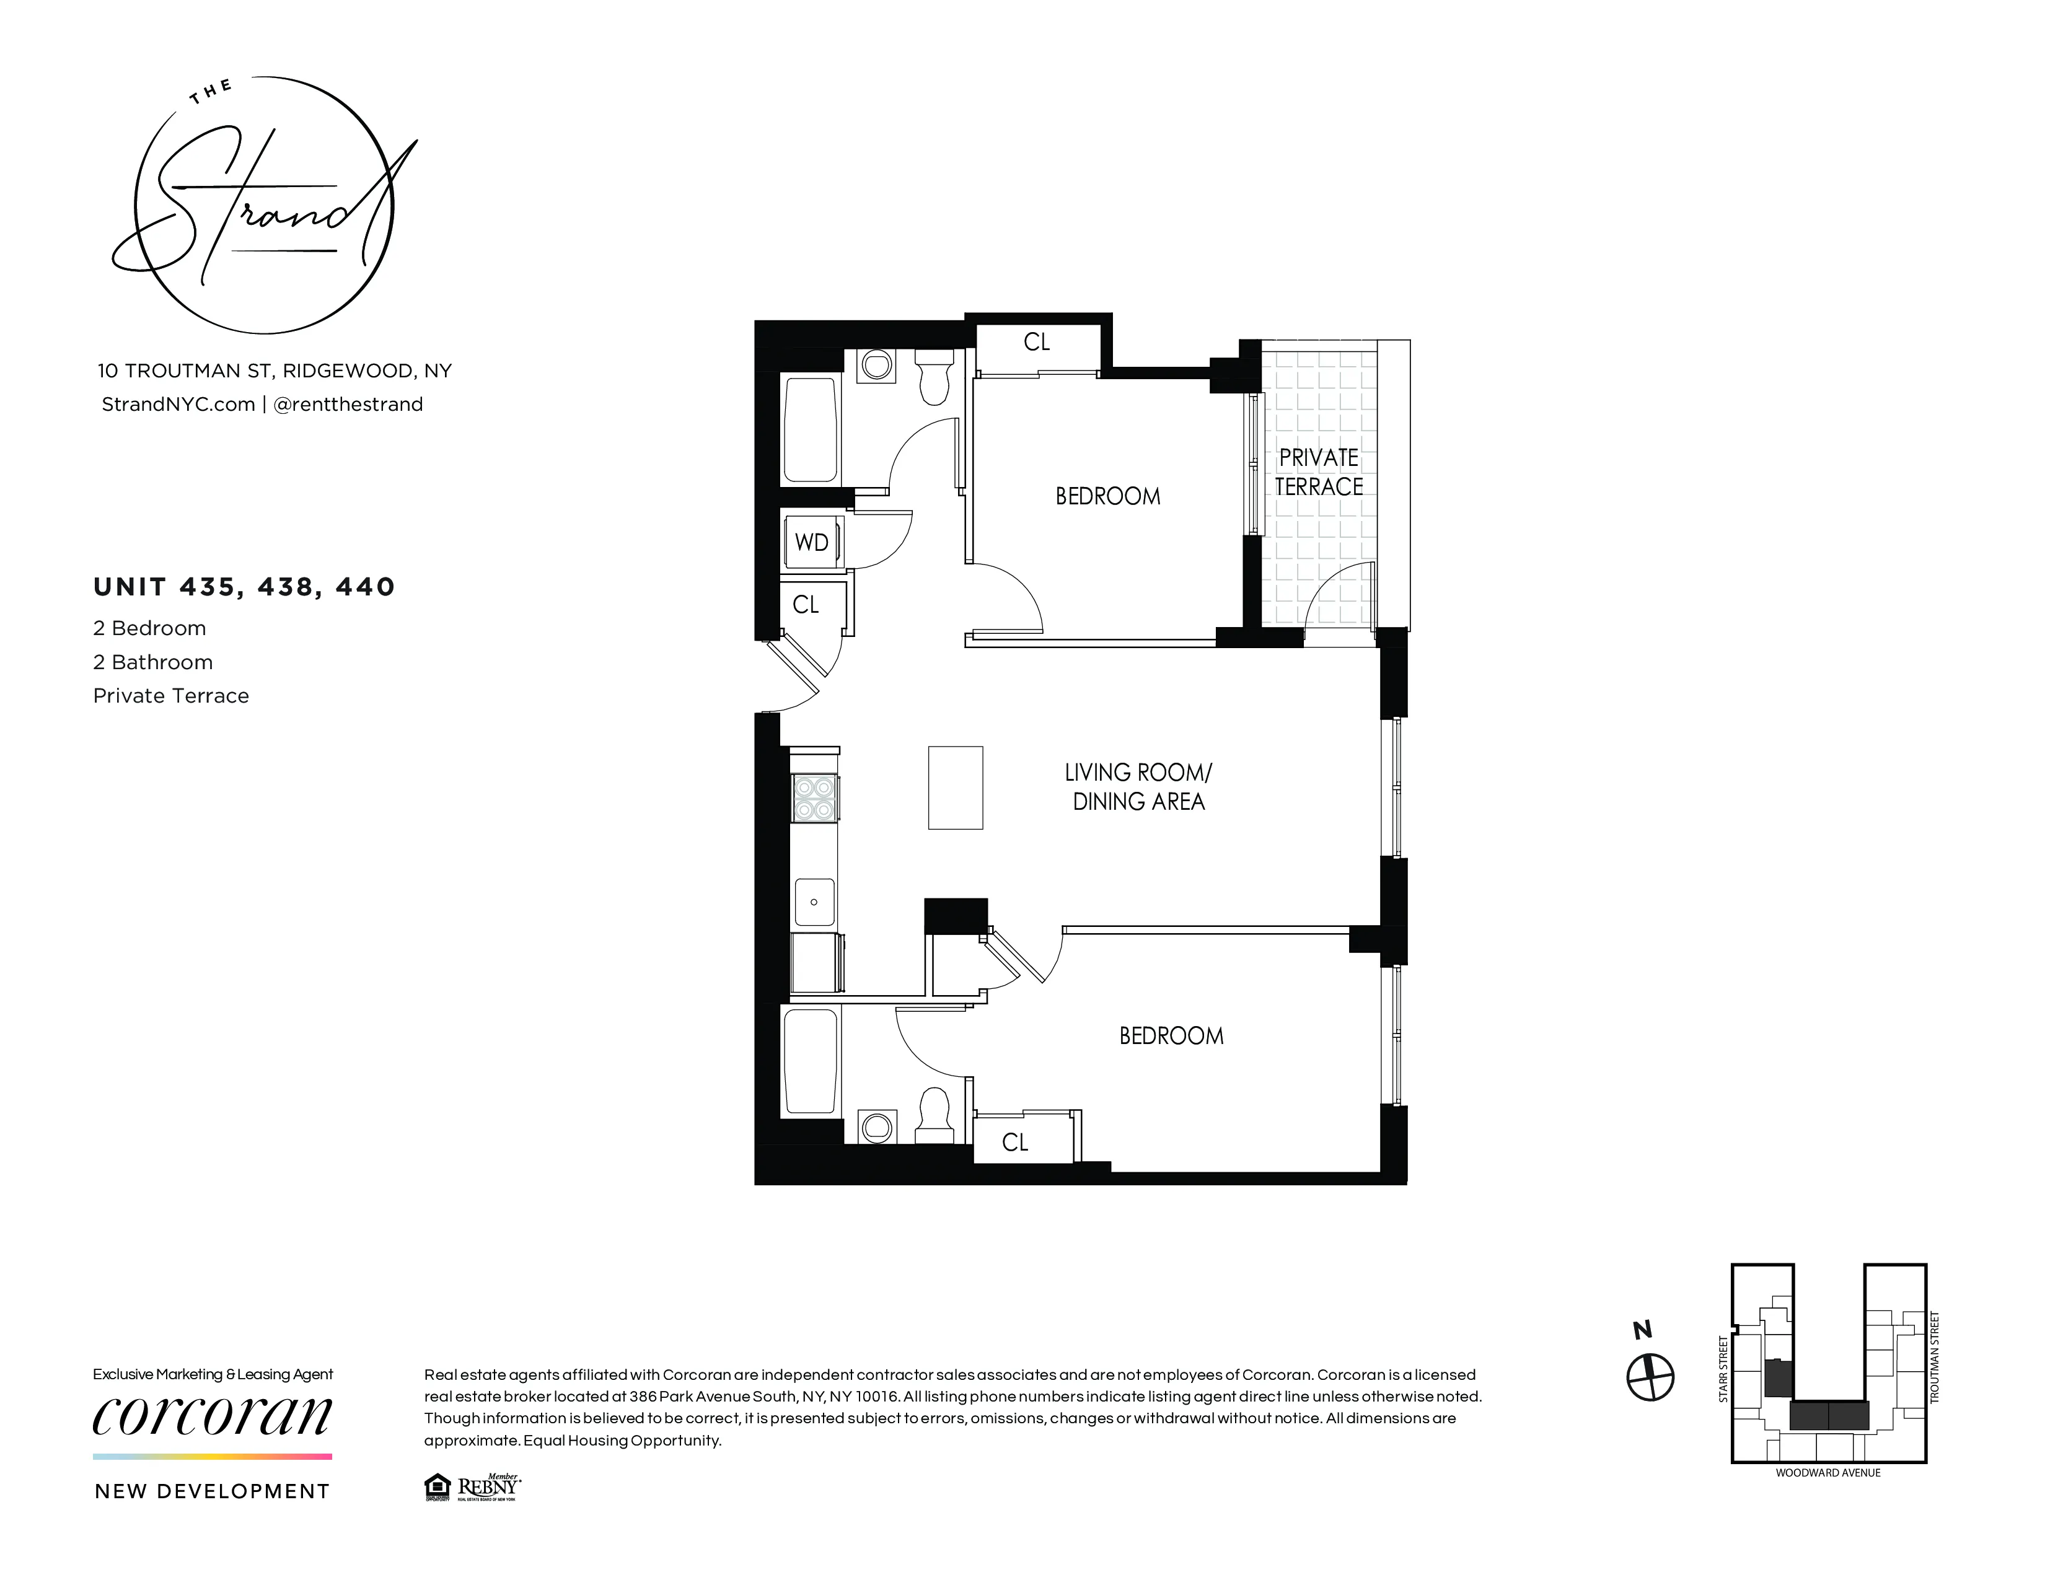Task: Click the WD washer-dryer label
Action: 811,543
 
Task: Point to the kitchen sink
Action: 814,902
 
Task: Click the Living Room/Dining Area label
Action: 1138,786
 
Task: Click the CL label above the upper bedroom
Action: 1037,343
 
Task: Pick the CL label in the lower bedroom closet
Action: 1015,1142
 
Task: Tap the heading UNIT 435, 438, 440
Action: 244,587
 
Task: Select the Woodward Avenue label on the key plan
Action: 1827,1472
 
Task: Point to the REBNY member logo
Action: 487,1486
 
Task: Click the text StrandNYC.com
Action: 178,405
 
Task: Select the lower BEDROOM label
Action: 1171,1036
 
